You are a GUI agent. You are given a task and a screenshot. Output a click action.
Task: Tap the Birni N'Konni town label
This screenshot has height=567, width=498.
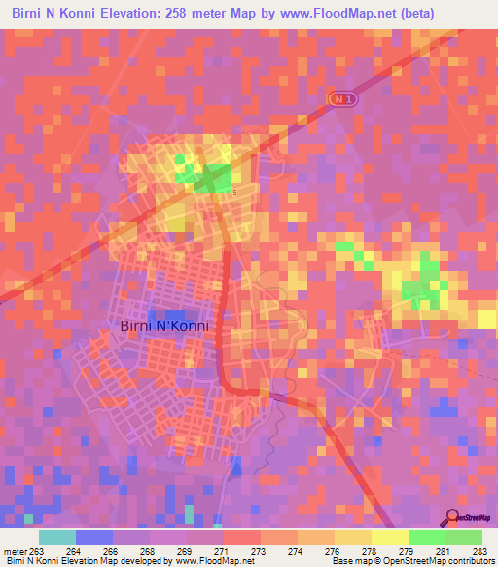pos(163,326)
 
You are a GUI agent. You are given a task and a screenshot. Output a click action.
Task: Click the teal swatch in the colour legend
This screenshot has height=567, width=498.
pos(57,537)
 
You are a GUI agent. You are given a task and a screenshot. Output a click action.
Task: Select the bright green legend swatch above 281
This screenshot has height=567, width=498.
pos(426,537)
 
